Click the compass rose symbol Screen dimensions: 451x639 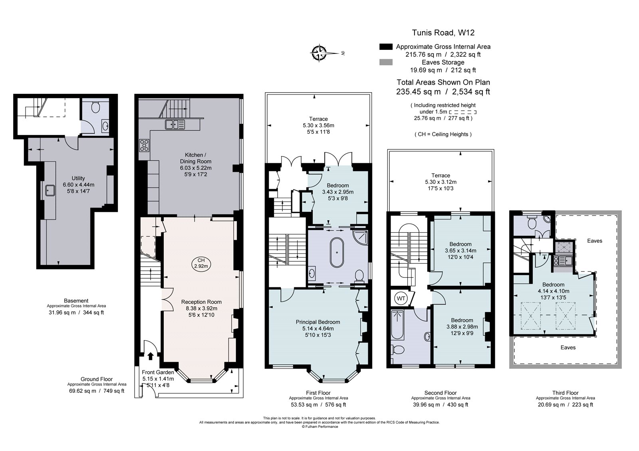click(x=319, y=53)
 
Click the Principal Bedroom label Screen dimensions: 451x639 click(x=318, y=322)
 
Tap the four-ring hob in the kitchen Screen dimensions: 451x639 click(x=144, y=145)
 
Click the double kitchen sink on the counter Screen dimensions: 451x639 click(x=175, y=125)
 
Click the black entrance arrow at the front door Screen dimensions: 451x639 click(x=151, y=356)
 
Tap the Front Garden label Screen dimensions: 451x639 click(x=158, y=372)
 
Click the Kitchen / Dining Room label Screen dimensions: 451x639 click(x=195, y=158)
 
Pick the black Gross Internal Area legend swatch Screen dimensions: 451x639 click(x=385, y=47)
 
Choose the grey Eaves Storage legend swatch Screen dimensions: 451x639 click(x=385, y=62)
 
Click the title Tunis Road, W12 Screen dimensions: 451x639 click(x=443, y=33)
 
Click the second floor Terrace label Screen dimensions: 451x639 click(x=441, y=176)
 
